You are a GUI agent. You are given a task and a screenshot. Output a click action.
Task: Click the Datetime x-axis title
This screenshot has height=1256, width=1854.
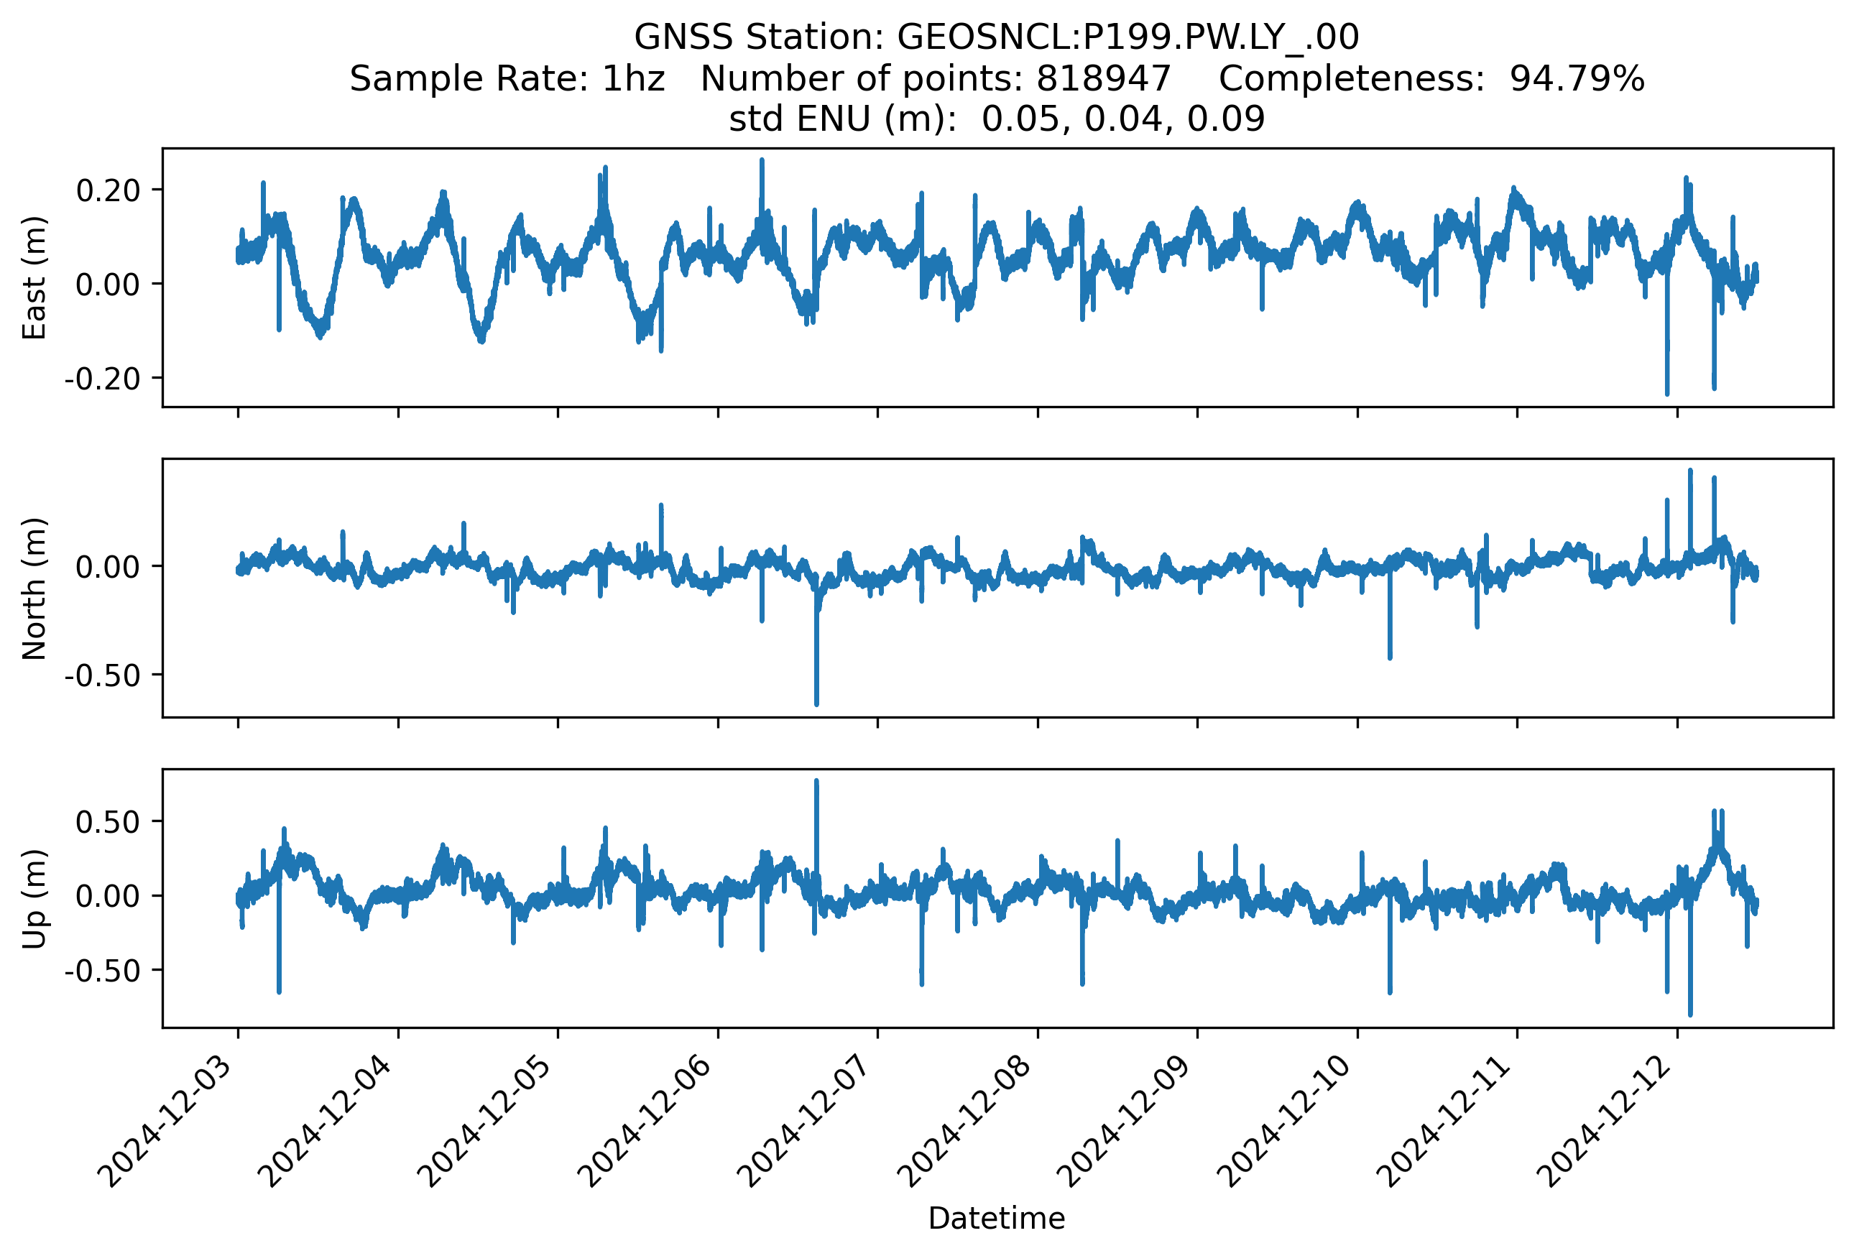point(997,1219)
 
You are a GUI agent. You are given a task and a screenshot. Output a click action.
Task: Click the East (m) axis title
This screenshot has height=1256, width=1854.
point(34,277)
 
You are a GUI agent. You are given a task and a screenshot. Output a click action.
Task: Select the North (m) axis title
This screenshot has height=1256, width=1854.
point(34,588)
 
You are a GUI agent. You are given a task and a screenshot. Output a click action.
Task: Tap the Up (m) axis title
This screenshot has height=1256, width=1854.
point(34,899)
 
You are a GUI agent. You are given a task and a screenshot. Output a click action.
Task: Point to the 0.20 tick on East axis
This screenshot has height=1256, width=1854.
point(108,190)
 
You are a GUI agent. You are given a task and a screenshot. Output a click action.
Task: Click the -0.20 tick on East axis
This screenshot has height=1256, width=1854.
point(102,378)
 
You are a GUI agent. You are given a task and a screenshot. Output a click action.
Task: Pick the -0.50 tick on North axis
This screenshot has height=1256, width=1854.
point(102,675)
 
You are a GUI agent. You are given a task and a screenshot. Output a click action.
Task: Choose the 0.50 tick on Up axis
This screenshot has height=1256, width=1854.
point(108,822)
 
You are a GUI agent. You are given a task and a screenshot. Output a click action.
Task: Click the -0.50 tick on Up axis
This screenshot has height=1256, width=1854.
point(102,971)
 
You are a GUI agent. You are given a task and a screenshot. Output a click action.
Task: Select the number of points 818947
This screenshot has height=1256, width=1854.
point(1103,78)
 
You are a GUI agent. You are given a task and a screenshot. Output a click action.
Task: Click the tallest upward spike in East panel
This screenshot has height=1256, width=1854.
point(762,161)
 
